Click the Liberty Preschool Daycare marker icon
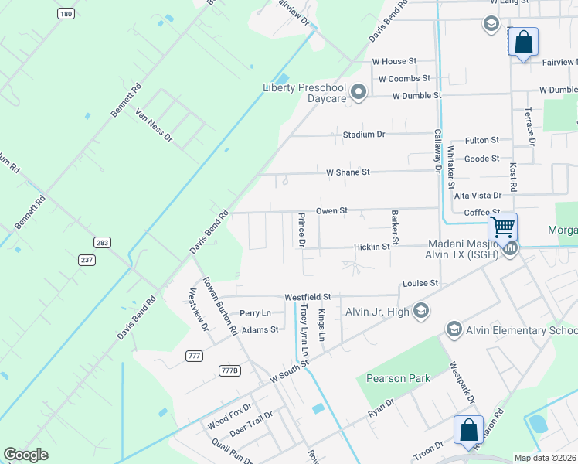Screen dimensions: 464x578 pyautogui.click(x=358, y=93)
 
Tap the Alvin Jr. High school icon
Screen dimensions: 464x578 pyautogui.click(x=421, y=311)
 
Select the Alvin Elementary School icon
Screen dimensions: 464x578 pyautogui.click(x=454, y=330)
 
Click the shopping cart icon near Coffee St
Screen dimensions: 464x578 pyautogui.click(x=502, y=227)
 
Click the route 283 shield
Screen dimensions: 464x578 pyautogui.click(x=103, y=243)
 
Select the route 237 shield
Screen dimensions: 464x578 pyautogui.click(x=87, y=259)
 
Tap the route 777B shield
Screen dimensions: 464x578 pyautogui.click(x=229, y=370)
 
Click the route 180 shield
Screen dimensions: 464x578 pyautogui.click(x=66, y=14)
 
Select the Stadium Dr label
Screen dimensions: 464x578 pyautogui.click(x=364, y=135)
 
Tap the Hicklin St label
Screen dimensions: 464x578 pyautogui.click(x=372, y=247)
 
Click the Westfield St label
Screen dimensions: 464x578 pyautogui.click(x=308, y=297)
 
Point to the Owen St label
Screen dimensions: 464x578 pyautogui.click(x=333, y=210)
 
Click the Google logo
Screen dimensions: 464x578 pyautogui.click(x=26, y=455)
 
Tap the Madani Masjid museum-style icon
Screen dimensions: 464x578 pyautogui.click(x=510, y=248)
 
